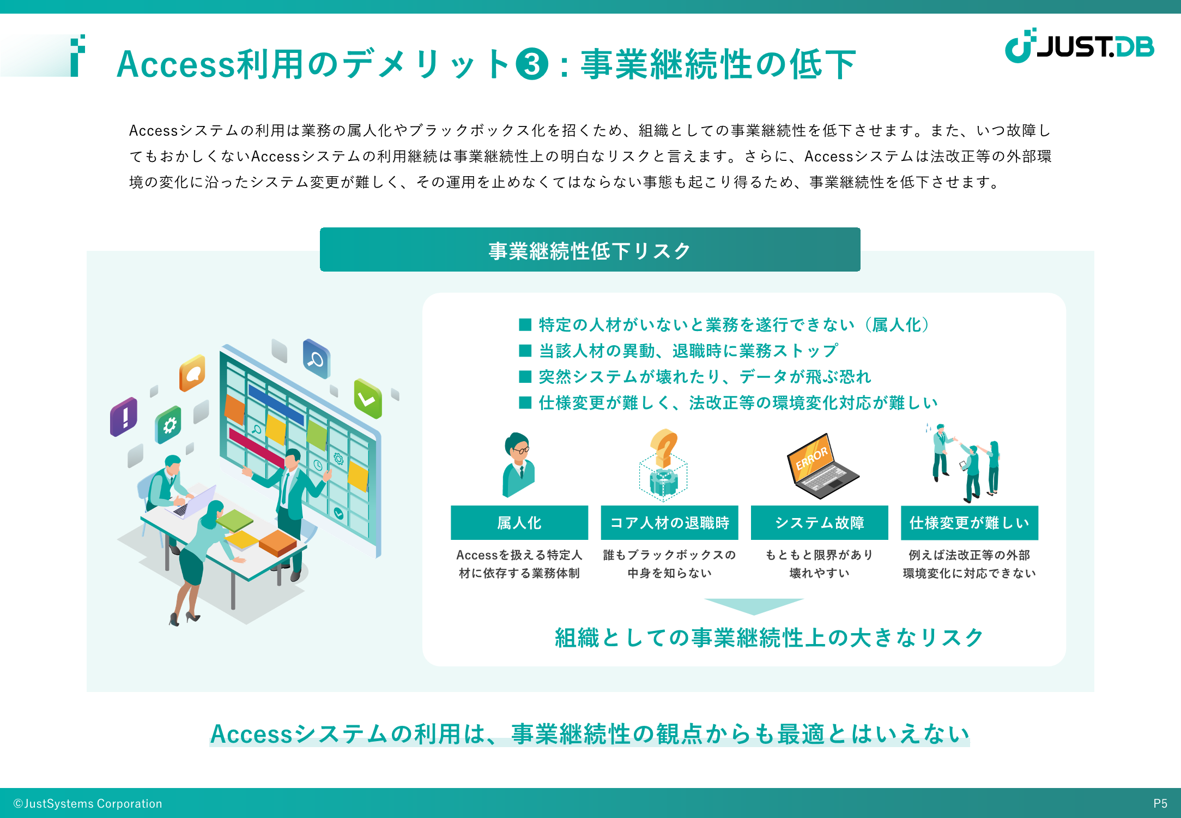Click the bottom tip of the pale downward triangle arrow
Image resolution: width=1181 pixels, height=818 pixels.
(754, 615)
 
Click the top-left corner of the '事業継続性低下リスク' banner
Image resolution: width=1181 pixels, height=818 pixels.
(320, 228)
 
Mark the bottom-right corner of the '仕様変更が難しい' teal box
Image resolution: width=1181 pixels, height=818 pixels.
(1038, 540)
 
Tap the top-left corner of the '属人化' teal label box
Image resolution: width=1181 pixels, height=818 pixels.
(451, 506)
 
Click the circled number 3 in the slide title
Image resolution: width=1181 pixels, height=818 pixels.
(532, 64)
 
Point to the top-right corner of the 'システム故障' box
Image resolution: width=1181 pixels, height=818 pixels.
(888, 506)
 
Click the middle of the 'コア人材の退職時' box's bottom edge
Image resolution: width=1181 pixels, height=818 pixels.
(669, 540)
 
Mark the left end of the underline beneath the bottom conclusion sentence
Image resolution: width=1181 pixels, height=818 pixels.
(210, 744)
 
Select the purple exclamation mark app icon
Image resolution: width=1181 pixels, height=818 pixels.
(124, 417)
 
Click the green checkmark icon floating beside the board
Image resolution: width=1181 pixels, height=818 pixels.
(368, 398)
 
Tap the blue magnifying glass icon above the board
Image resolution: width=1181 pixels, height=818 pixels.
(317, 358)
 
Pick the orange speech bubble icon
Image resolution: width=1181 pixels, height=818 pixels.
(192, 373)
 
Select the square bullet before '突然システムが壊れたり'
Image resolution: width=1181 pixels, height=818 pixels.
(525, 377)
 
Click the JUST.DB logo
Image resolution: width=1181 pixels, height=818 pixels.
(1080, 46)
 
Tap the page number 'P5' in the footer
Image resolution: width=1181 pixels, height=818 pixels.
(1160, 803)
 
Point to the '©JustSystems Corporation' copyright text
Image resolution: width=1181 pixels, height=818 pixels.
(88, 803)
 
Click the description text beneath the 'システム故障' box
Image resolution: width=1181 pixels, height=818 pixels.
(819, 564)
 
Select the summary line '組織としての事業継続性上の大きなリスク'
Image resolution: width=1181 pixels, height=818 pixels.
(769, 637)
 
